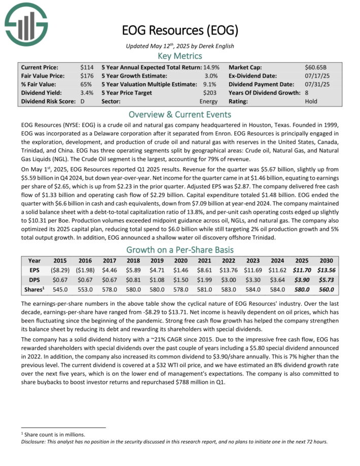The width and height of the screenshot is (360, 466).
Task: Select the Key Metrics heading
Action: pos(179,56)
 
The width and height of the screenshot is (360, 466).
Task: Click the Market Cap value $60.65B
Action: pos(317,67)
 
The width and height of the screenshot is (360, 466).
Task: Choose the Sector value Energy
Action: pos(208,101)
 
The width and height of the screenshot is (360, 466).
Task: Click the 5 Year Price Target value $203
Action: pos(210,93)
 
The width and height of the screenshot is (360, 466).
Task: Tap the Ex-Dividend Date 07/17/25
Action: pos(316,76)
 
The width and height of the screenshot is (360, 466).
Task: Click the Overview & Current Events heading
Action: pos(179,114)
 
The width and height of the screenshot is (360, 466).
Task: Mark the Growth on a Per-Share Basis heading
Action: pos(179,249)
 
